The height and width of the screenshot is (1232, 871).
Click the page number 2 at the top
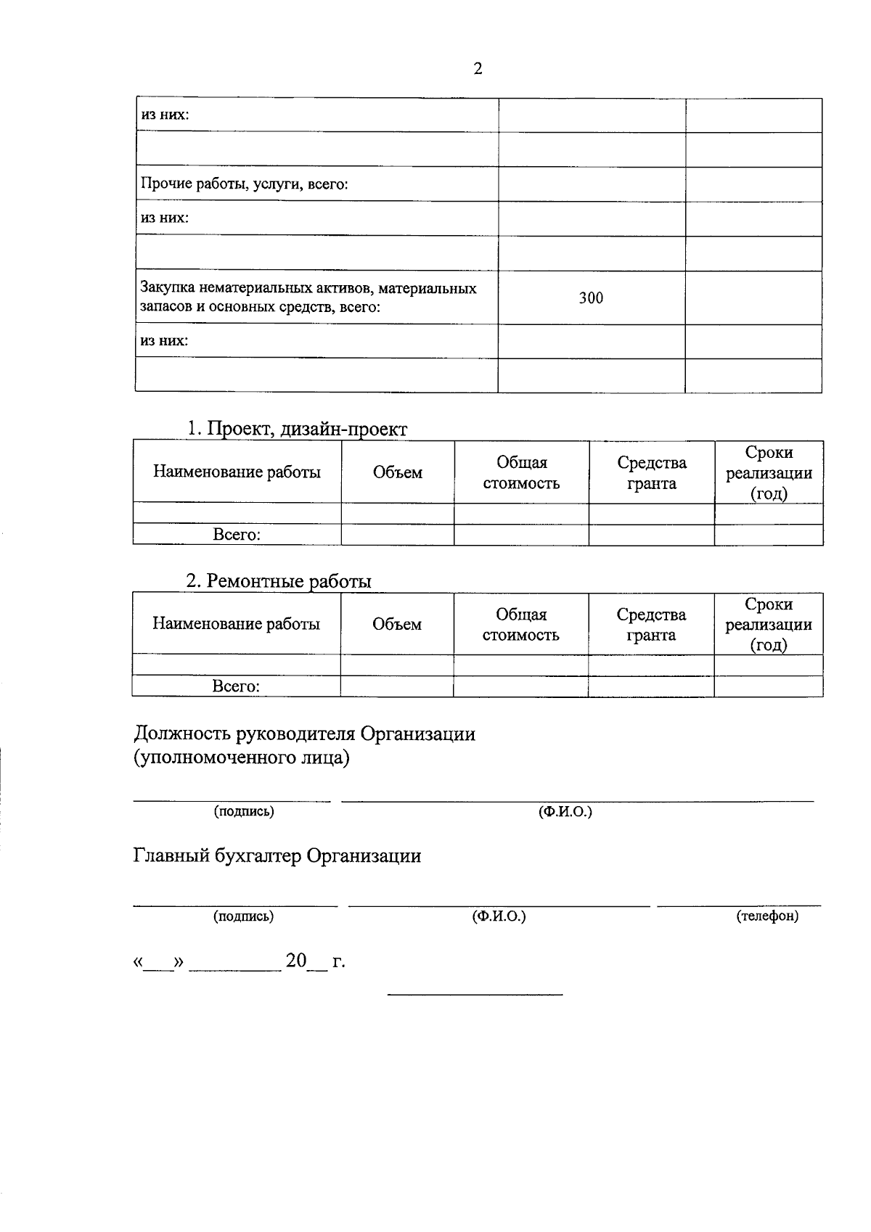(x=478, y=69)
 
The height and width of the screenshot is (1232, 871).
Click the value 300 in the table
(x=591, y=297)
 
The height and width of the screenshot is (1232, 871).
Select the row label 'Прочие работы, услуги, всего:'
(x=245, y=184)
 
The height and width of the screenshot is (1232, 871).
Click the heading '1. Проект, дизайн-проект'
(x=297, y=429)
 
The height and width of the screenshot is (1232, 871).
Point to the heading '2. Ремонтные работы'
(x=279, y=581)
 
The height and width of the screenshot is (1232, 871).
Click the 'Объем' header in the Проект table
(x=398, y=472)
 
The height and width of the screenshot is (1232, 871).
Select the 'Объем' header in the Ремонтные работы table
(x=397, y=624)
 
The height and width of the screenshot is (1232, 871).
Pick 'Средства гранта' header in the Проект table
(x=652, y=472)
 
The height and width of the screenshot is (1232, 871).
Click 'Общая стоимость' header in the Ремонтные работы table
(x=521, y=624)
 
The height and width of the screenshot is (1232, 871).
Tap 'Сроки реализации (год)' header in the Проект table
(x=769, y=472)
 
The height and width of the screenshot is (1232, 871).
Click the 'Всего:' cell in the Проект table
(x=237, y=535)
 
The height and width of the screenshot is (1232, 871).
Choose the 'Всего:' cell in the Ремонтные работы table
(x=236, y=686)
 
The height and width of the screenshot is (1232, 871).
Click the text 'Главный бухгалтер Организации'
(x=277, y=856)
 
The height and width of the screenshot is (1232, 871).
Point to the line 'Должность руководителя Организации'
(x=305, y=734)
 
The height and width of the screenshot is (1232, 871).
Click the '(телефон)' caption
(x=767, y=916)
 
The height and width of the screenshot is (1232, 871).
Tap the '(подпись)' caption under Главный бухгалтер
(x=244, y=916)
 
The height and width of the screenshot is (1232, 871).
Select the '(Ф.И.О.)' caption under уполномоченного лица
(x=565, y=811)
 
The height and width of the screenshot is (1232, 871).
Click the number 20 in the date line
(x=296, y=961)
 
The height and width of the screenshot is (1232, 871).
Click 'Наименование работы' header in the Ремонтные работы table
(x=236, y=624)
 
